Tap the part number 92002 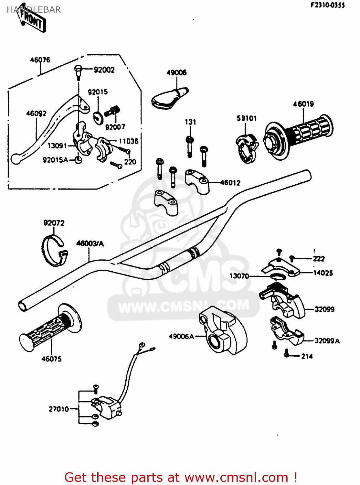click(104, 70)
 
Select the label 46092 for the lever click(36, 113)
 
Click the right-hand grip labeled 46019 click(299, 136)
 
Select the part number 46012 click(230, 183)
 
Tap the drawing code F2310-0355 click(328, 5)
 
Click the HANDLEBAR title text click(34, 10)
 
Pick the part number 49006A click(181, 337)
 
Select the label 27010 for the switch click(59, 409)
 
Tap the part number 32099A click(327, 341)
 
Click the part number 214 click(307, 356)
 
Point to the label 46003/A click(90, 243)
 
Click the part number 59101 click(247, 118)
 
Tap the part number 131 click(190, 122)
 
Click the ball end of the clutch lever click(16, 159)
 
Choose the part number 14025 click(323, 273)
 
